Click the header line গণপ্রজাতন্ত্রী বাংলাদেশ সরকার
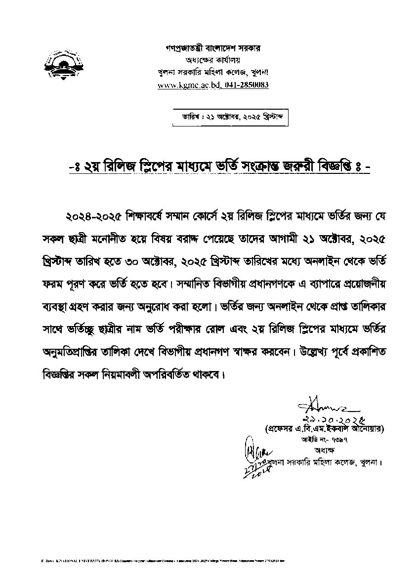click(x=212, y=48)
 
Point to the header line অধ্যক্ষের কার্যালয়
click(x=212, y=60)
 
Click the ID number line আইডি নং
click(x=324, y=439)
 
